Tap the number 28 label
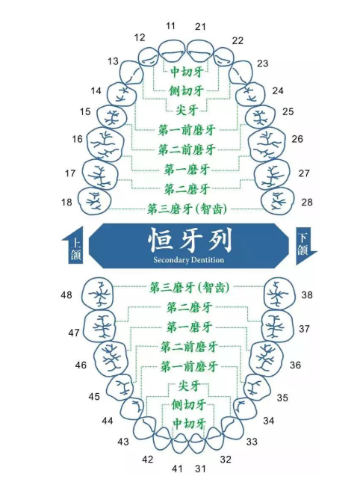coord(307,202)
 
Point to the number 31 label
coord(200,469)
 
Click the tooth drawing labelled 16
coord(105,145)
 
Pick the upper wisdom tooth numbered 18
coord(95,201)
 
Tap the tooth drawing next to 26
coord(267,145)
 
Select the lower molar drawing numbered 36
coord(266,359)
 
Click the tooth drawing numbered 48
coord(98,293)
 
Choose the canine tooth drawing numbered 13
coord(132,72)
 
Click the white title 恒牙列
coord(190,240)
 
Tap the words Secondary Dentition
coord(189,260)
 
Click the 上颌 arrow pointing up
coord(73,245)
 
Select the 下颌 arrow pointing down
coord(305,247)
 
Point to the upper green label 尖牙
coord(187,111)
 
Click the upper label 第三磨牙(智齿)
coord(187,209)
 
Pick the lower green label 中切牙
coord(189,424)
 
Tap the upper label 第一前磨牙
coord(187,130)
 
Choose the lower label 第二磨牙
coord(189,307)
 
